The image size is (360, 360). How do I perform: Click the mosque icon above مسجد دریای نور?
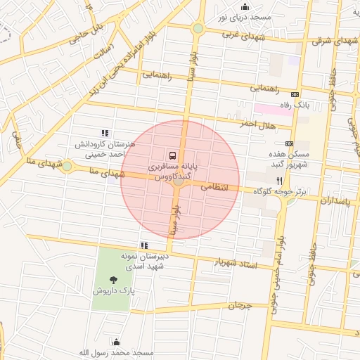tap(245, 7)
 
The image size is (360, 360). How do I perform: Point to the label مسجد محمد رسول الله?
tap(117, 352)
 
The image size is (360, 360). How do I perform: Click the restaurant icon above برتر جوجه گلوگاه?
tap(279, 180)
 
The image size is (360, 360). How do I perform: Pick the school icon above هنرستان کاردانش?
tap(105, 132)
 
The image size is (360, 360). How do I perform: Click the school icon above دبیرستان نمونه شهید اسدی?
tap(144, 245)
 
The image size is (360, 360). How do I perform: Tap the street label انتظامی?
tap(215, 188)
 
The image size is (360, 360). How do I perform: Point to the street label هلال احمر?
tap(256, 124)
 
